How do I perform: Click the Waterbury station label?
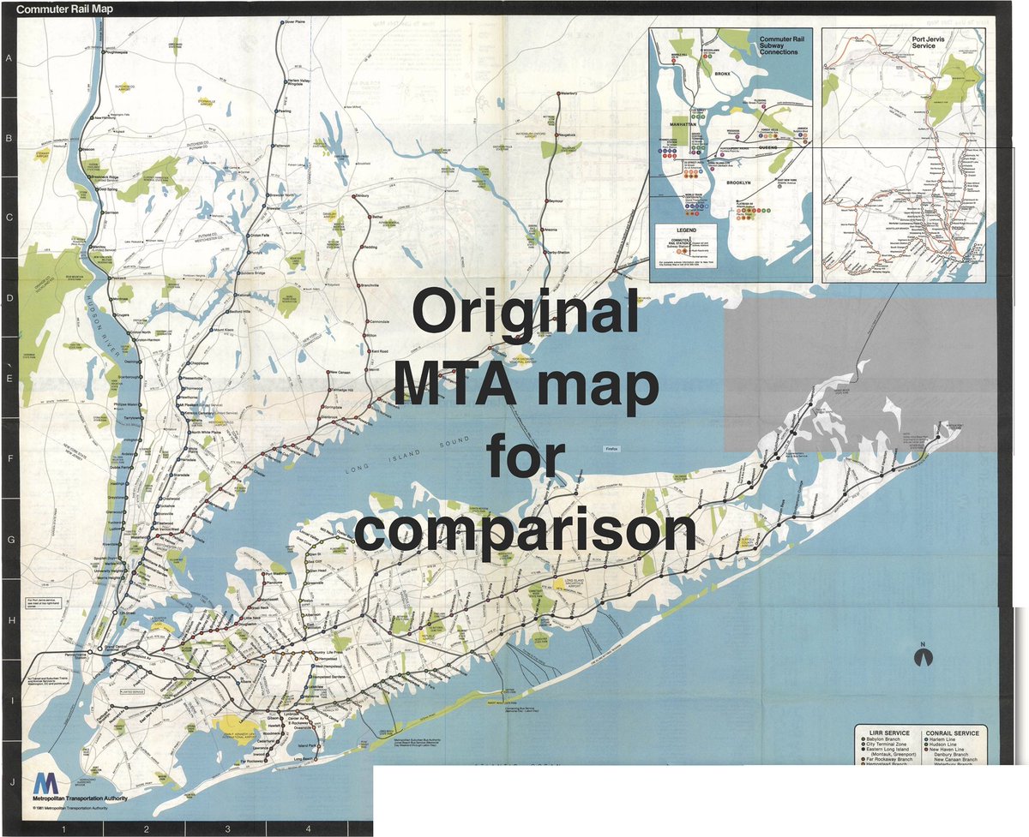(575, 93)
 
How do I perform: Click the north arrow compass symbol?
(924, 656)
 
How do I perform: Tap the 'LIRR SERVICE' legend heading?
(886, 734)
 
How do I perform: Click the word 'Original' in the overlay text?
(527, 313)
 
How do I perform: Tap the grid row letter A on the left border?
(9, 58)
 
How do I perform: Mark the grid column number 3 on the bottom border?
(227, 828)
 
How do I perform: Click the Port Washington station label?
(286, 573)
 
